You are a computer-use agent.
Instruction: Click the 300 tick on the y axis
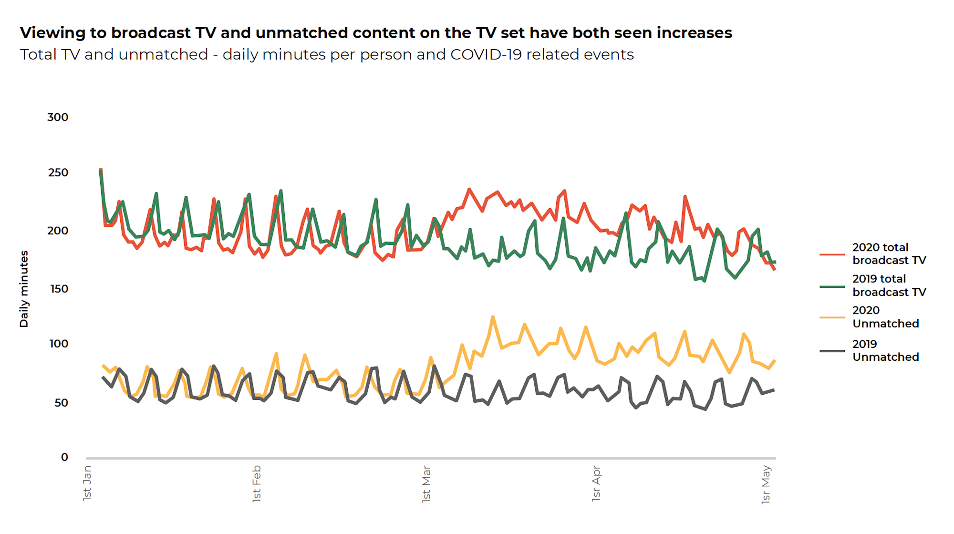pyautogui.click(x=58, y=117)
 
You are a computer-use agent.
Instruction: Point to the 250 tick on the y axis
pyautogui.click(x=58, y=173)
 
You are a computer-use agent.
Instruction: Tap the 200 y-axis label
pyautogui.click(x=58, y=231)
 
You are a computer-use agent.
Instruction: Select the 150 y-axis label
pyautogui.click(x=59, y=289)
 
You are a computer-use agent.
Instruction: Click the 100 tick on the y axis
pyautogui.click(x=59, y=344)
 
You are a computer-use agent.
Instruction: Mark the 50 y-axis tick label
pyautogui.click(x=61, y=403)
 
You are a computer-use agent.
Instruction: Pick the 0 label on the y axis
pyautogui.click(x=64, y=458)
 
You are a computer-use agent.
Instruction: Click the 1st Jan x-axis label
pyautogui.click(x=87, y=483)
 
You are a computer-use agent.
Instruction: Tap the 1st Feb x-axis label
pyautogui.click(x=257, y=483)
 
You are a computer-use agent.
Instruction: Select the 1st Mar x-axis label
pyautogui.click(x=426, y=483)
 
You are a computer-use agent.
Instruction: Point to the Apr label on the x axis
pyautogui.click(x=596, y=483)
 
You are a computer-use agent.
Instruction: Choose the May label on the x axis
pyautogui.click(x=766, y=484)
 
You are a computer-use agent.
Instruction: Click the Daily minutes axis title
pyautogui.click(x=24, y=289)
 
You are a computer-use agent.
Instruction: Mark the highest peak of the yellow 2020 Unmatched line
pyautogui.click(x=493, y=317)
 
